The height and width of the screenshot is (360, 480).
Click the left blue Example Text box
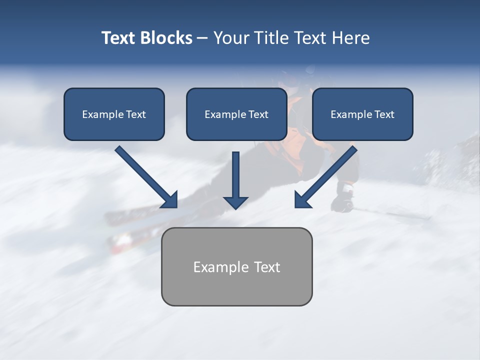[x=114, y=114]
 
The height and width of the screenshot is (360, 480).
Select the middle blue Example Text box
[x=236, y=114]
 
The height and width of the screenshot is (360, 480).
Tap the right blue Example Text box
[x=362, y=114]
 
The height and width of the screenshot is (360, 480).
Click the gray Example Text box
[x=236, y=266]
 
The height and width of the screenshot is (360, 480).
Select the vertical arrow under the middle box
[x=235, y=180]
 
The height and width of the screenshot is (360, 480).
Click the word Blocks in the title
[x=167, y=38]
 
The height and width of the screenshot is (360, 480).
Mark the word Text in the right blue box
[x=384, y=114]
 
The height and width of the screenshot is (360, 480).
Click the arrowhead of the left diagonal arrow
[x=170, y=200]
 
